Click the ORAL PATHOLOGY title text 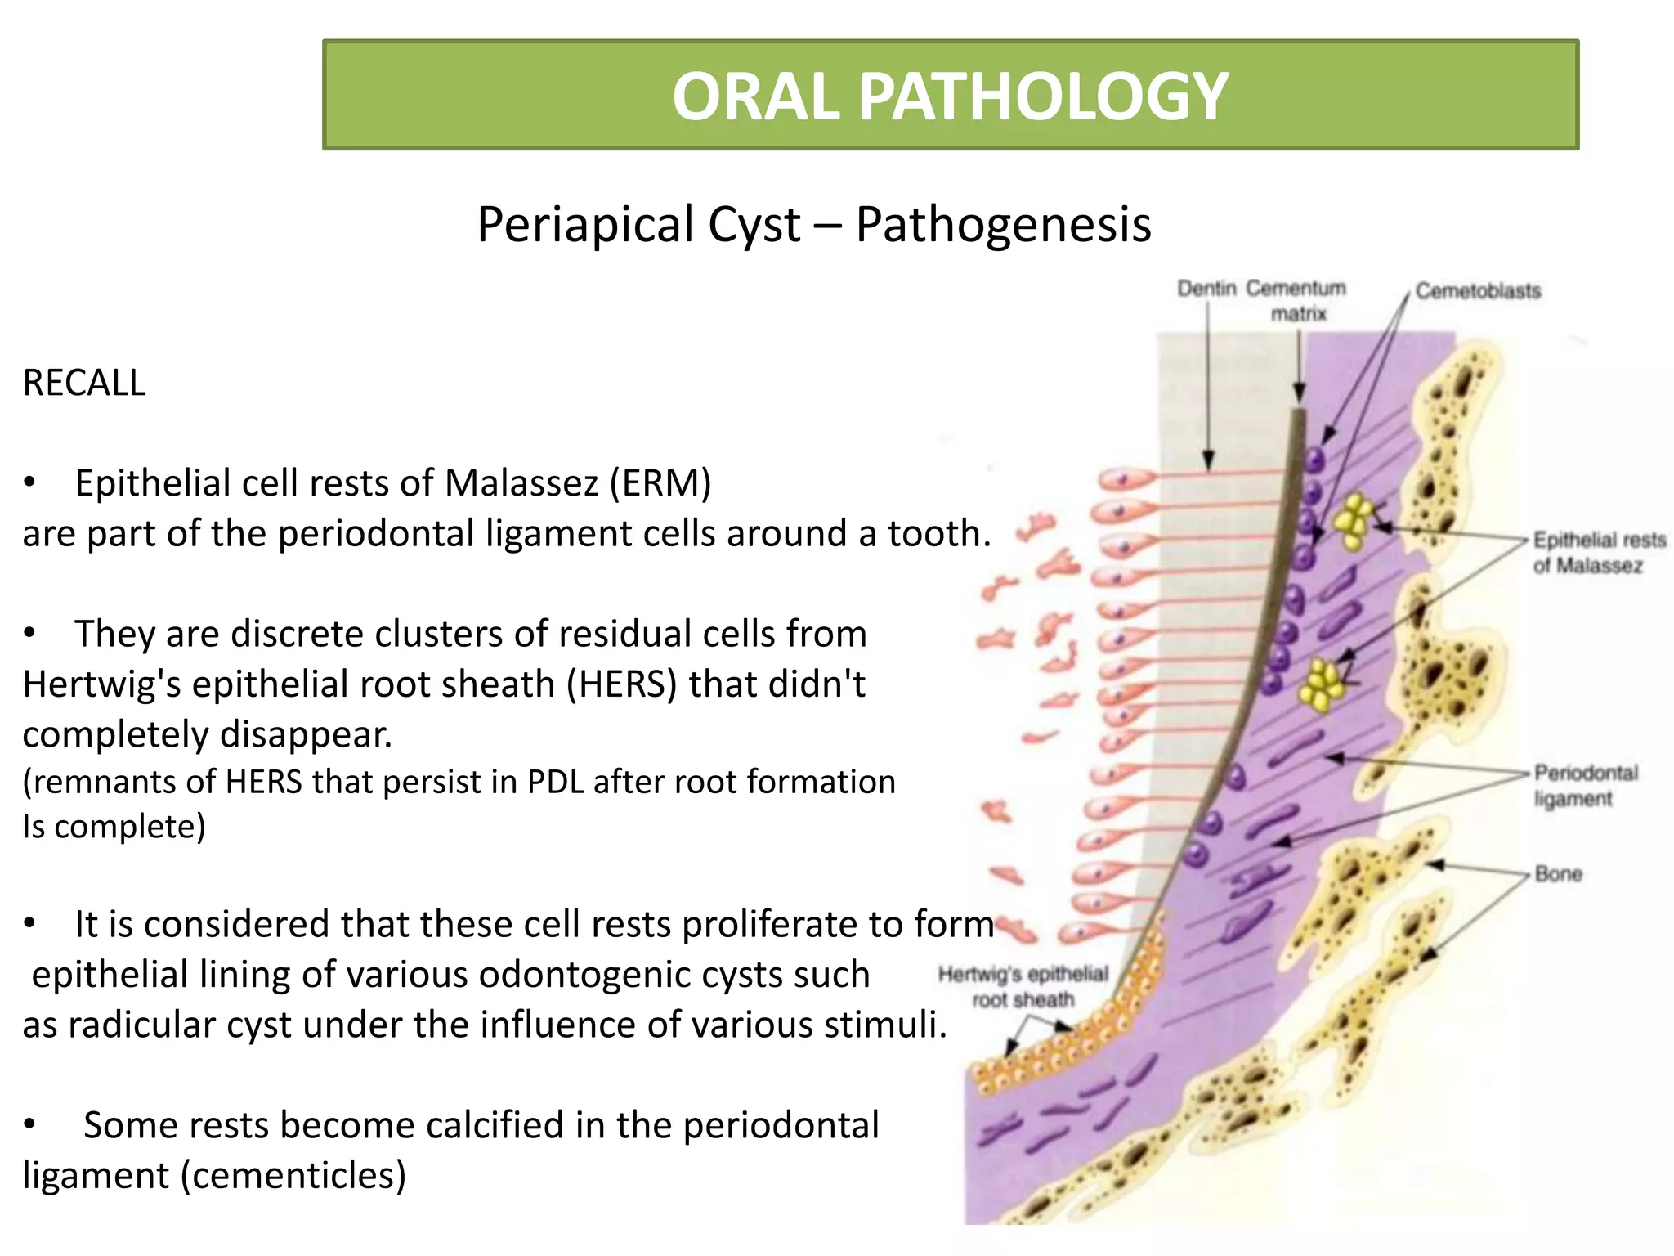tap(950, 96)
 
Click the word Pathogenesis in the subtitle tap(1003, 225)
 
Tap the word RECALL tap(84, 383)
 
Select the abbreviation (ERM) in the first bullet tap(660, 483)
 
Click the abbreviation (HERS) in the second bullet tap(622, 684)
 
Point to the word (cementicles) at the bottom tap(293, 1176)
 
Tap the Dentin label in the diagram tap(1206, 289)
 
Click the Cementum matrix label tap(1296, 300)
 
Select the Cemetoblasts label tap(1478, 291)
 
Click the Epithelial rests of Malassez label tap(1598, 552)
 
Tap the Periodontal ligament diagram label tap(1585, 785)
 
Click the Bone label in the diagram tap(1558, 874)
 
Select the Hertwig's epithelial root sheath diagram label tap(1023, 986)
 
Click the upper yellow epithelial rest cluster tap(1354, 520)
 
